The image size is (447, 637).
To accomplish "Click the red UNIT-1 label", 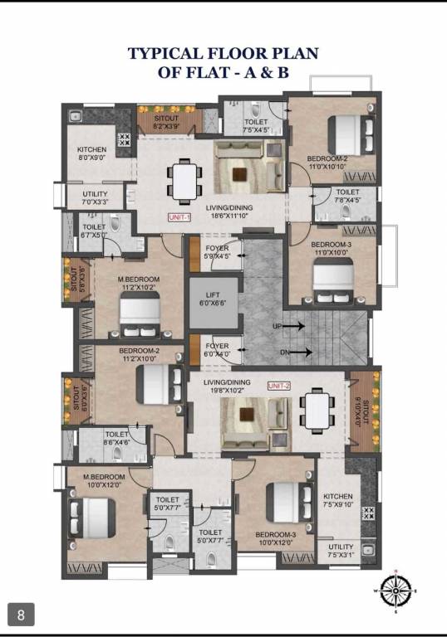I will (x=179, y=217).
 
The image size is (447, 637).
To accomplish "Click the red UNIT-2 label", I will (x=278, y=387).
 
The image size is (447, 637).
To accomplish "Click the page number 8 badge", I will (x=22, y=615).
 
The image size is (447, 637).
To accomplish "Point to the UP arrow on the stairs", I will (x=293, y=327).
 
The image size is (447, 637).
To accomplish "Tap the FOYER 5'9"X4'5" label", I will (x=217, y=252).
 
